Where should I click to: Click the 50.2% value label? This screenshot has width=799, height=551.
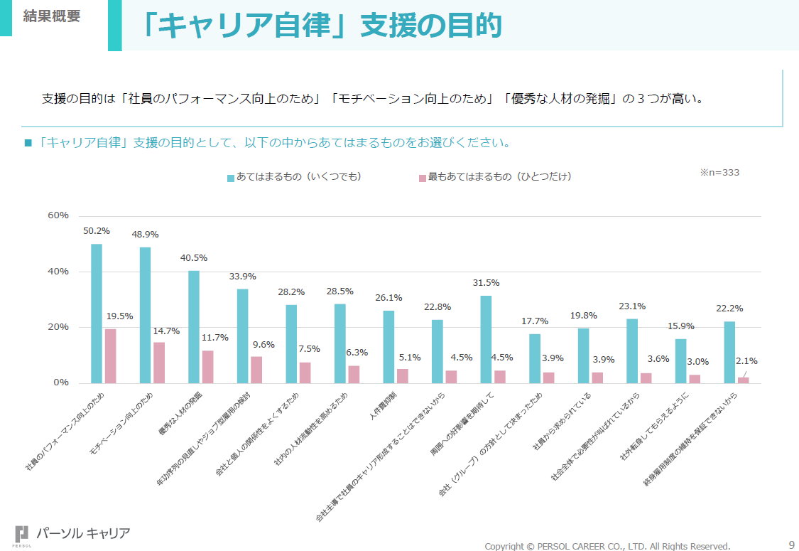tap(97, 231)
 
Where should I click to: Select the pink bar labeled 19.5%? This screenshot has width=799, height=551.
tap(111, 356)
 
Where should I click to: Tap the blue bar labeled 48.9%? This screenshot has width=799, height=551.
tap(145, 315)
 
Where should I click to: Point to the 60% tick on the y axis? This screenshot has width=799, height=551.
tap(58, 215)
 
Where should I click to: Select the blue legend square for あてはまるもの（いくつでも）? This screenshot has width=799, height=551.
tap(231, 178)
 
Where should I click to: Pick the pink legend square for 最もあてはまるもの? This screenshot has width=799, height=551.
tap(423, 178)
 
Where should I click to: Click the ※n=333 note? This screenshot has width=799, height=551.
tap(719, 172)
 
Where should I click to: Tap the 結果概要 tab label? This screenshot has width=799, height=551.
tap(51, 16)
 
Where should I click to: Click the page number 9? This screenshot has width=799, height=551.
tap(791, 545)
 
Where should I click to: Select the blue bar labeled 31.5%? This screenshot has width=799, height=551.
tap(486, 339)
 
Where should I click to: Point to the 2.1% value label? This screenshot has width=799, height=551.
tap(747, 361)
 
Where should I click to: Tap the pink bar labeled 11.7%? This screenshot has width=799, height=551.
tap(208, 367)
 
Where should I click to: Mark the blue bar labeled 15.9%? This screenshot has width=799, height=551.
tap(680, 361)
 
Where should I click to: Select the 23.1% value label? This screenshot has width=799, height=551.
tap(632, 306)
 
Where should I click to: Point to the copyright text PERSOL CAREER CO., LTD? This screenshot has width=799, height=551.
tap(607, 546)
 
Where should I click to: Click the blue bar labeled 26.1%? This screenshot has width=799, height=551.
tap(388, 347)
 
